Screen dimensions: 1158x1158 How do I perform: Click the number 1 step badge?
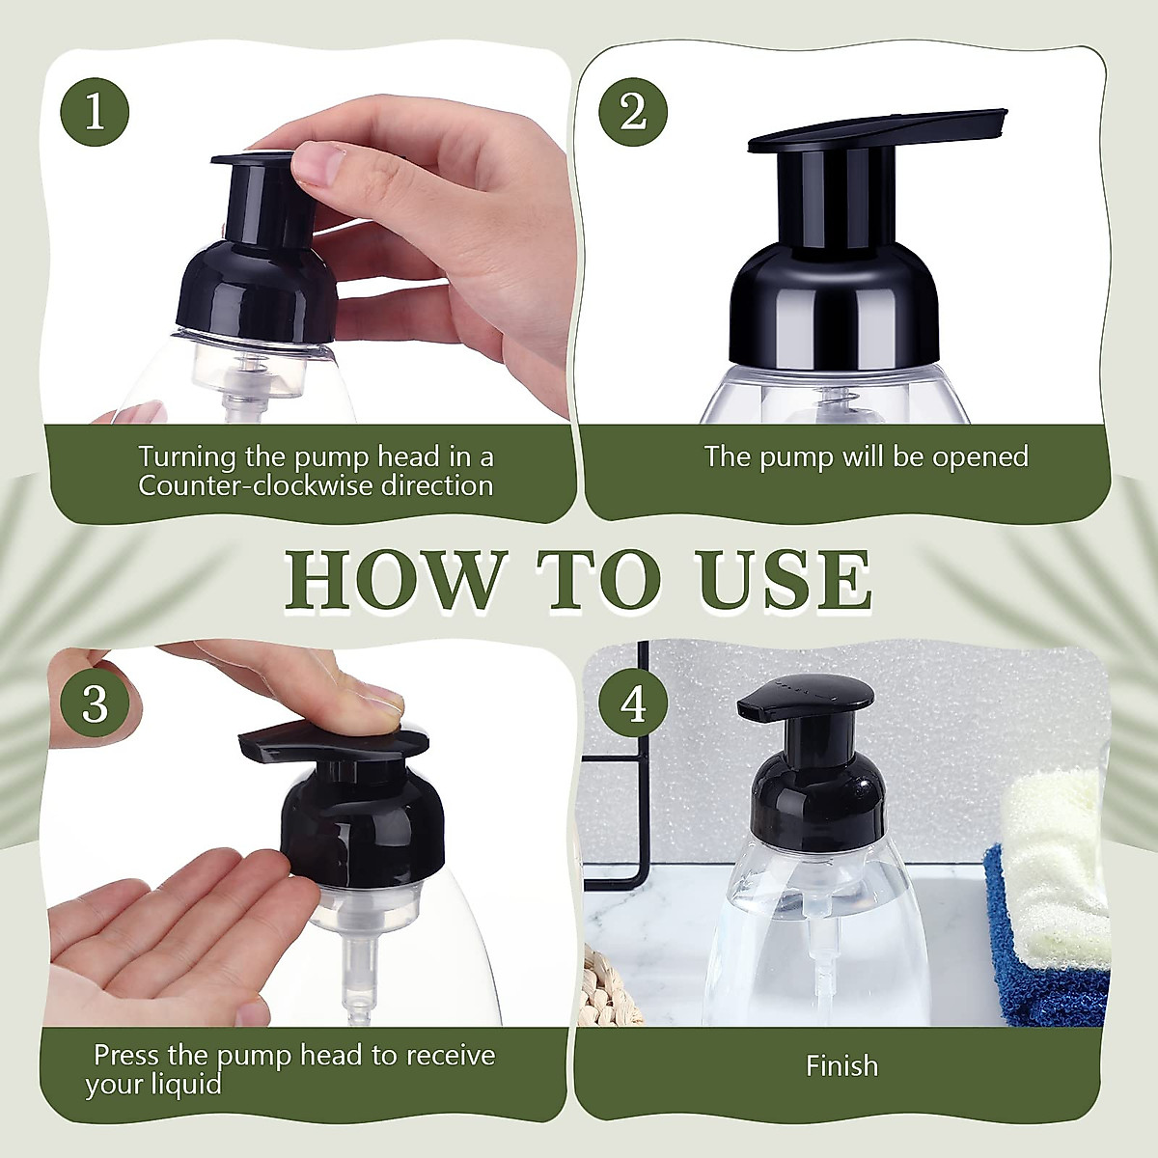[95, 113]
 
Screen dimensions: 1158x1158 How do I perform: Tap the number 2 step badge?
[633, 113]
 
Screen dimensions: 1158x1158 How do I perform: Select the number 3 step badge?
[95, 704]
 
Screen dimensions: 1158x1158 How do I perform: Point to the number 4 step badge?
[633, 704]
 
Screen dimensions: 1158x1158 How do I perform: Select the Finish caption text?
[841, 1066]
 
